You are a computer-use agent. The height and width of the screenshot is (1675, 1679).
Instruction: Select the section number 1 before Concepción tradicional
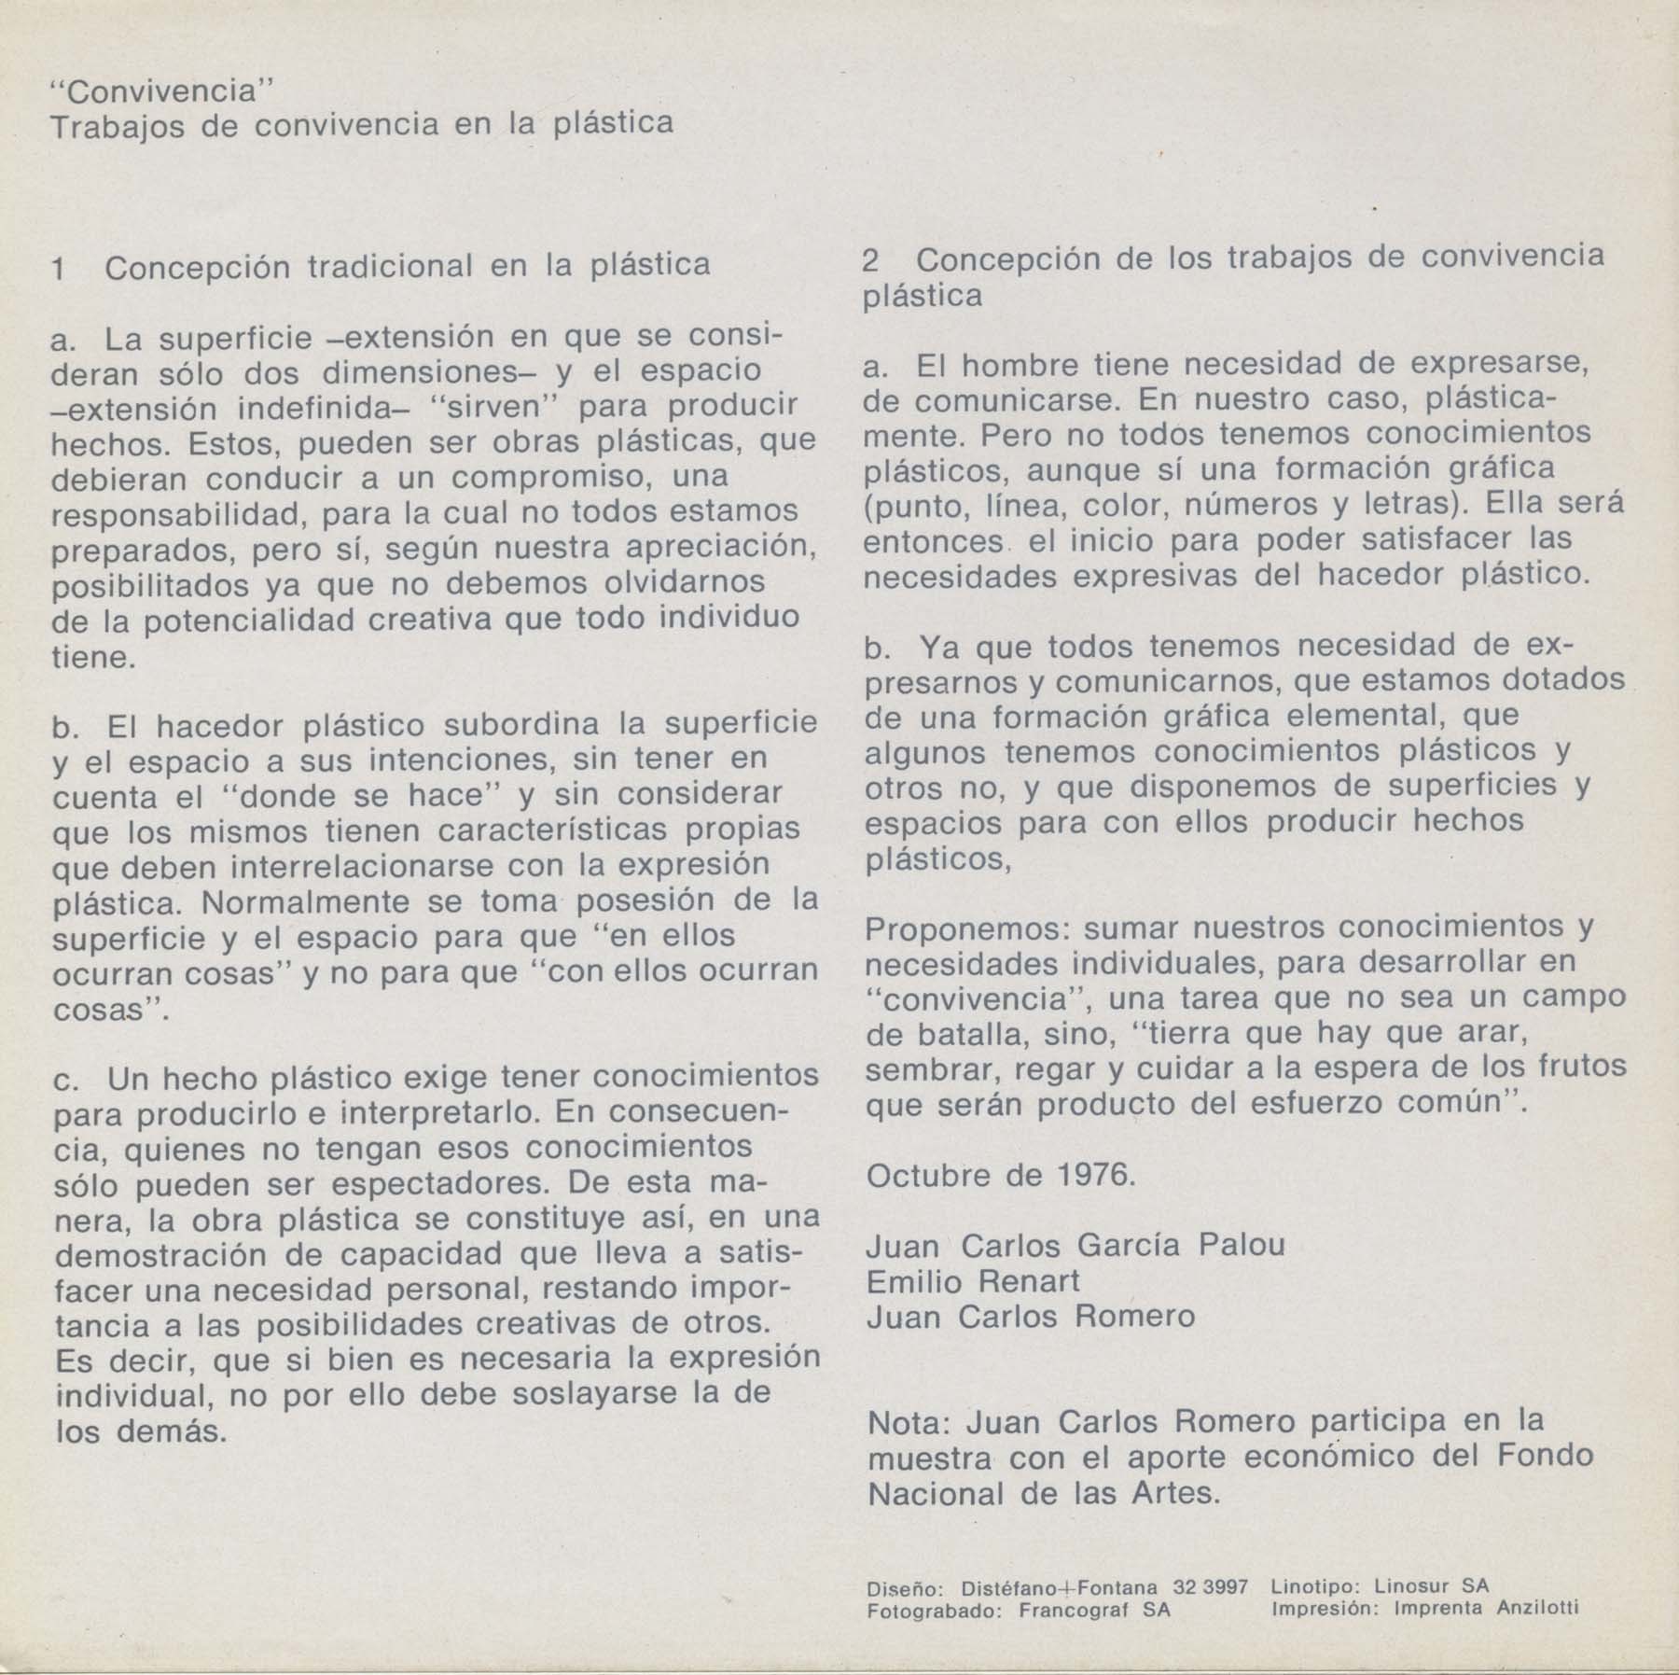click(x=59, y=269)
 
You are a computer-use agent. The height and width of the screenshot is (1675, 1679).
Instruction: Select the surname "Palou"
click(x=1241, y=1245)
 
